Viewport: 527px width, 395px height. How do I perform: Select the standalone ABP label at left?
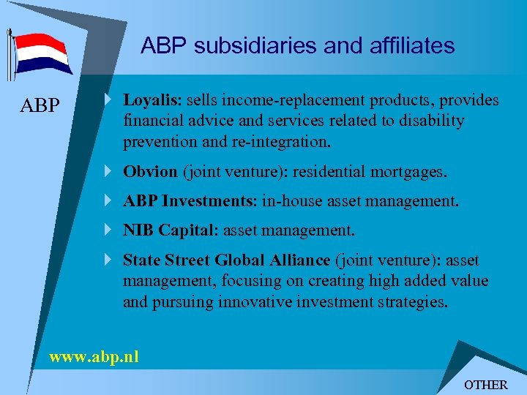click(x=40, y=106)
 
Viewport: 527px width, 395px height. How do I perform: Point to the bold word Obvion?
click(x=150, y=172)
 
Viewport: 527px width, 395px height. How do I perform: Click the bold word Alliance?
click(x=300, y=260)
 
